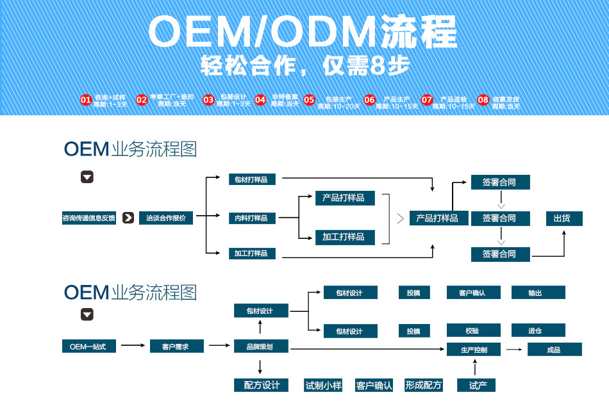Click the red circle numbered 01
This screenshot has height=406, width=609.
pos(86,100)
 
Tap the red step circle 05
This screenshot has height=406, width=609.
pos(310,100)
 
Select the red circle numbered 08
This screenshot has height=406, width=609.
pos(483,100)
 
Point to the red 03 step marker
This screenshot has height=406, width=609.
pos(208,100)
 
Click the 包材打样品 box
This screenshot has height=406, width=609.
pos(252,179)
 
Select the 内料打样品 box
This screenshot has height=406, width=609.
pos(252,218)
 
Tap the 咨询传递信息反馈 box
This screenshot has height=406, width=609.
pos(89,218)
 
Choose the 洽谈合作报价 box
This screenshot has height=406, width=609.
pos(166,218)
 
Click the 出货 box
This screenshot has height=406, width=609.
pos(564,218)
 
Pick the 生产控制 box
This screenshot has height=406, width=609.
pos(474,350)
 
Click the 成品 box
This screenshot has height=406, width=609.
pos(555,350)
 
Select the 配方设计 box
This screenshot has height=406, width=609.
pos(262,385)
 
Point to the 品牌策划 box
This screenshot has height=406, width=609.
pos(260,346)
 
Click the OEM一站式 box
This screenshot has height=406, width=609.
pos(88,346)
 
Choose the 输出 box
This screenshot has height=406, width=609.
pos(538,293)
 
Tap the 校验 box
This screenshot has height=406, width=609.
pos(473,330)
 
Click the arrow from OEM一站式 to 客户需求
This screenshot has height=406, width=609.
pos(133,346)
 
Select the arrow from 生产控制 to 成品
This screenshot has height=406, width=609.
pos(513,350)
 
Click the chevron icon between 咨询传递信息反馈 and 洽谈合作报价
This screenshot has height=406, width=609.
pos(128,218)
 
